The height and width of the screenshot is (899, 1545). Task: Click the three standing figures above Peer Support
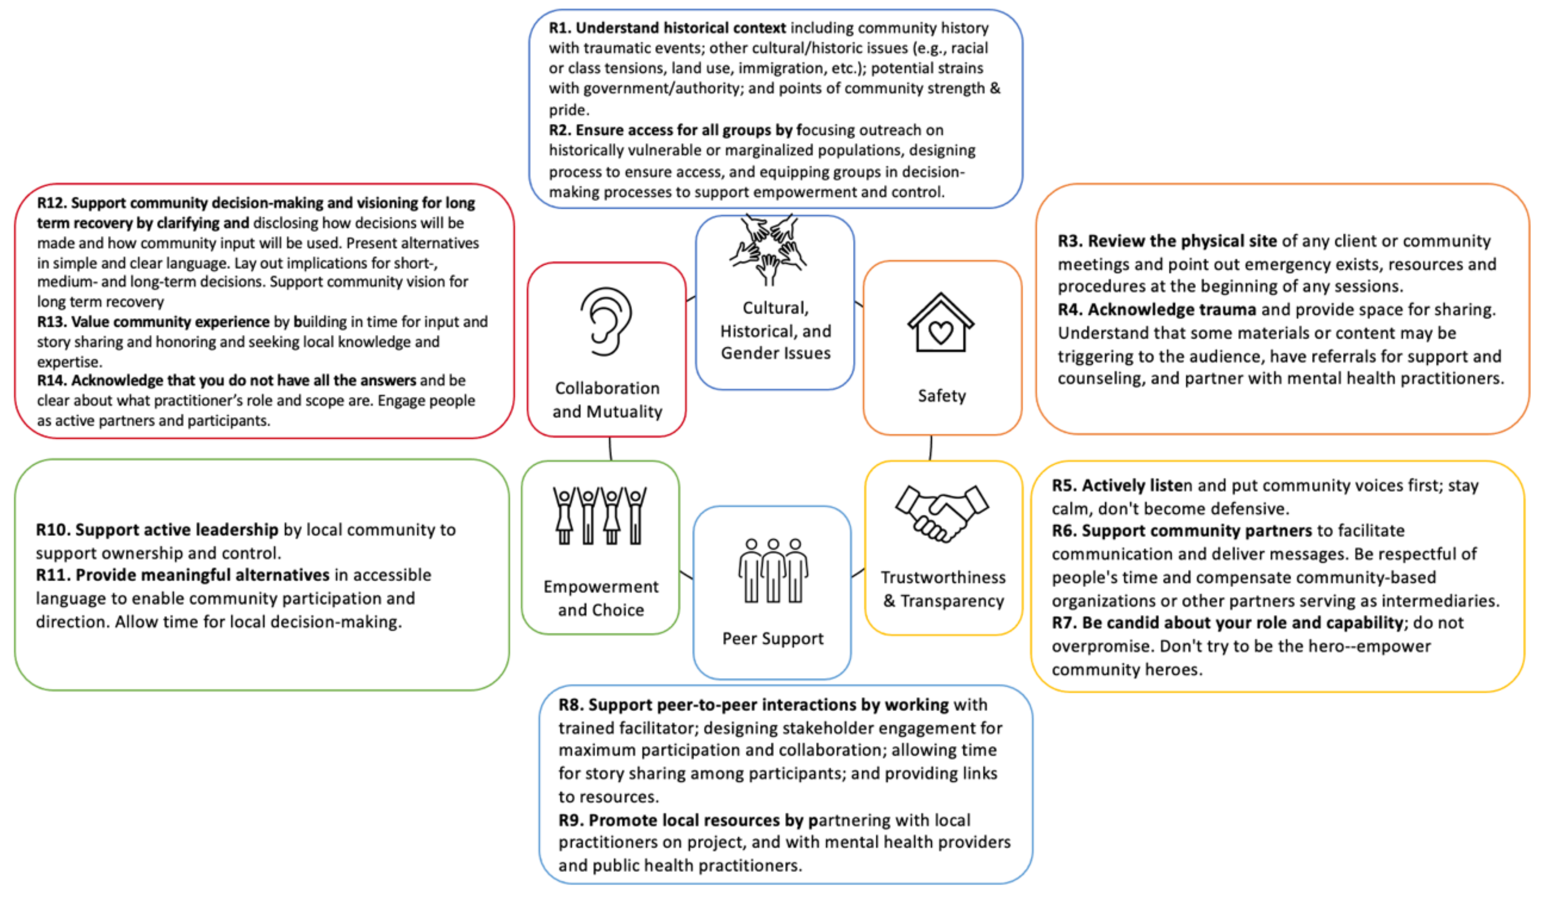773,571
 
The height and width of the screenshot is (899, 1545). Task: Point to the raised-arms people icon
600,516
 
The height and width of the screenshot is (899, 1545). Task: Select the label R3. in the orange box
1070,241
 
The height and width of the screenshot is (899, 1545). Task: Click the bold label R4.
1070,310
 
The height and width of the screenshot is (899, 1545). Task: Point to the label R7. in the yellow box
1064,623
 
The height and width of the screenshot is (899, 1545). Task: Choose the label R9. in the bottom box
571,820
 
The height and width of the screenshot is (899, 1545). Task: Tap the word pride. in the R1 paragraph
568,110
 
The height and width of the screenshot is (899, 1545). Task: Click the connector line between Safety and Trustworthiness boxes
931,447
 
